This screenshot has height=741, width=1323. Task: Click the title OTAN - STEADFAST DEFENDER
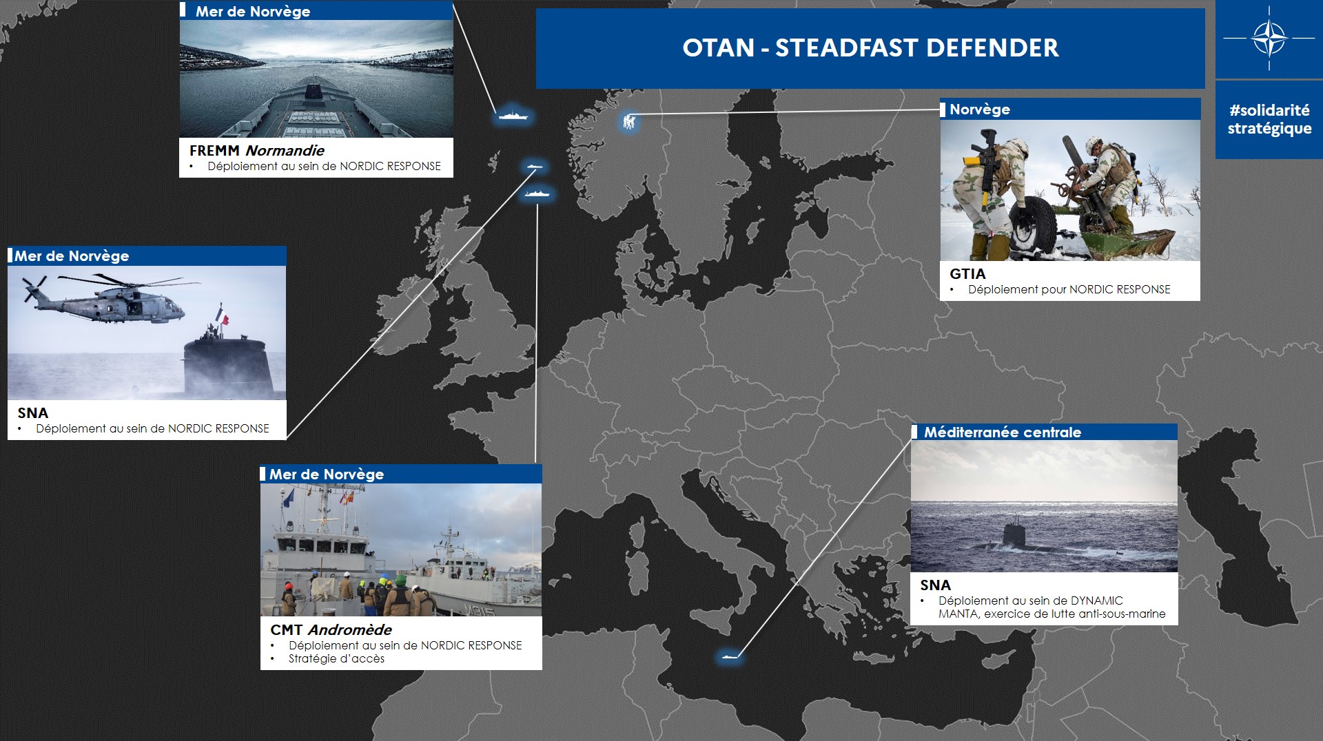tap(870, 48)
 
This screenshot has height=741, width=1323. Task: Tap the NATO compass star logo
tap(1269, 38)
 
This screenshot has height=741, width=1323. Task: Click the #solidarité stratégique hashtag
tap(1269, 119)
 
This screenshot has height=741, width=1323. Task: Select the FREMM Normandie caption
tap(256, 150)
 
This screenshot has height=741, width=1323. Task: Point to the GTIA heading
tap(967, 273)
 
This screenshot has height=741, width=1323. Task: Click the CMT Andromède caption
tap(331, 629)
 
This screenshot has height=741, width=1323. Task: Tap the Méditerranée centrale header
tap(1003, 432)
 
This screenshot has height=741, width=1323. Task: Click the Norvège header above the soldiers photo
tap(979, 109)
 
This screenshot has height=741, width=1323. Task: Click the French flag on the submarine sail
tap(222, 315)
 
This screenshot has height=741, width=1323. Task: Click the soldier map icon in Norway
tap(628, 122)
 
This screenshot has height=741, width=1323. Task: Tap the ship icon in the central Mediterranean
tap(729, 656)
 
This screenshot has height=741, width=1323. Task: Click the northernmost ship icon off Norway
tap(513, 115)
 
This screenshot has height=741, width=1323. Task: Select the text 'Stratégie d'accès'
tap(336, 658)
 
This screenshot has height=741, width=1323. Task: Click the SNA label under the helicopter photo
tap(33, 413)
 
